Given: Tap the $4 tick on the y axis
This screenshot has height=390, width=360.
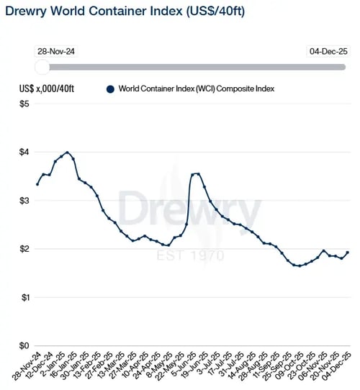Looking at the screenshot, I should pyautogui.click(x=24, y=152).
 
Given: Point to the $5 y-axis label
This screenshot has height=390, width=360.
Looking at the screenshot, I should pyautogui.click(x=24, y=104).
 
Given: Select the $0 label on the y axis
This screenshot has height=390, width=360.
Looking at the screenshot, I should pyautogui.click(x=24, y=345).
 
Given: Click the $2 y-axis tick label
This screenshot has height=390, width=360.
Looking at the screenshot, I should pyautogui.click(x=24, y=249).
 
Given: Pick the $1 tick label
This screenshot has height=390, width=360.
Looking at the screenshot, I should pyautogui.click(x=24, y=297).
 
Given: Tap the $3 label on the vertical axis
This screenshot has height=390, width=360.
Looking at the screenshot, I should pyautogui.click(x=24, y=201).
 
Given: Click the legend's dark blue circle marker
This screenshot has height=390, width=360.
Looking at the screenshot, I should pyautogui.click(x=110, y=89).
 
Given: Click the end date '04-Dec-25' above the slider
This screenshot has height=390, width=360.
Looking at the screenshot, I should pyautogui.click(x=327, y=53).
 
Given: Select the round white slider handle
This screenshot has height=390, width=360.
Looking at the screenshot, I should pyautogui.click(x=42, y=67).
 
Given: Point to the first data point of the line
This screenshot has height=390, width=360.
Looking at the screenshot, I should pyautogui.click(x=37, y=184).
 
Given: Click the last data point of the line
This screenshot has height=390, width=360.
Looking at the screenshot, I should pyautogui.click(x=348, y=253).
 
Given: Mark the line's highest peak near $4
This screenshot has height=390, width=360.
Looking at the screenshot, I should pyautogui.click(x=67, y=153).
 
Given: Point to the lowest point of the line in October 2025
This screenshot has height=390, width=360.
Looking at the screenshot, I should pyautogui.click(x=300, y=266).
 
